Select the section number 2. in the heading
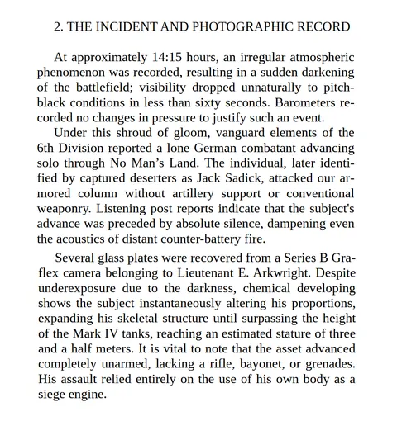tap(59, 26)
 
